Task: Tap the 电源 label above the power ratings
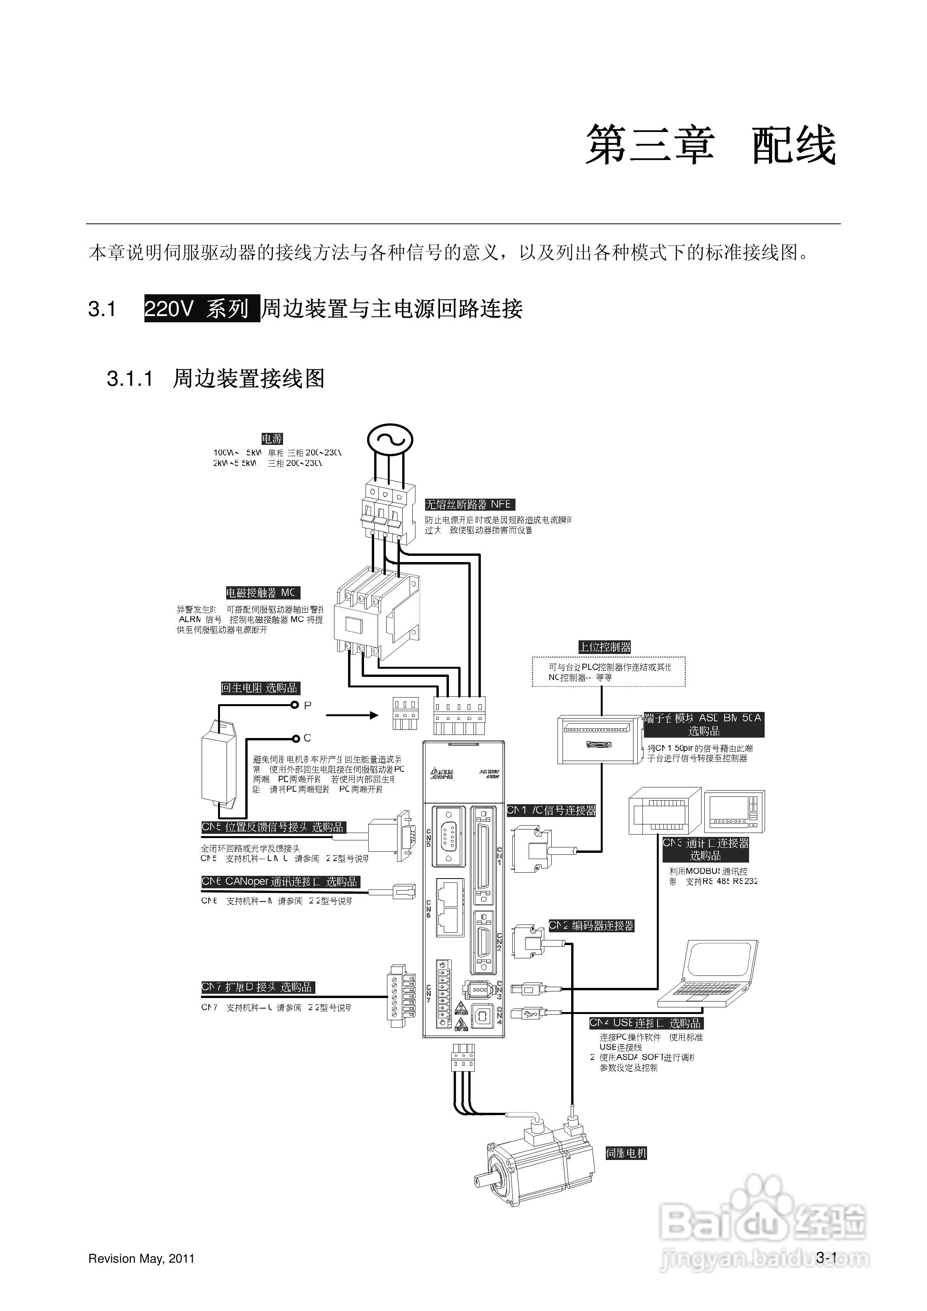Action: [x=272, y=439]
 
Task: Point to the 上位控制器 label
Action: [x=604, y=647]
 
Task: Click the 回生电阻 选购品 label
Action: [x=260, y=688]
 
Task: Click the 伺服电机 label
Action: [x=626, y=1153]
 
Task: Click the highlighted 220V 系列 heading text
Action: [x=202, y=309]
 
